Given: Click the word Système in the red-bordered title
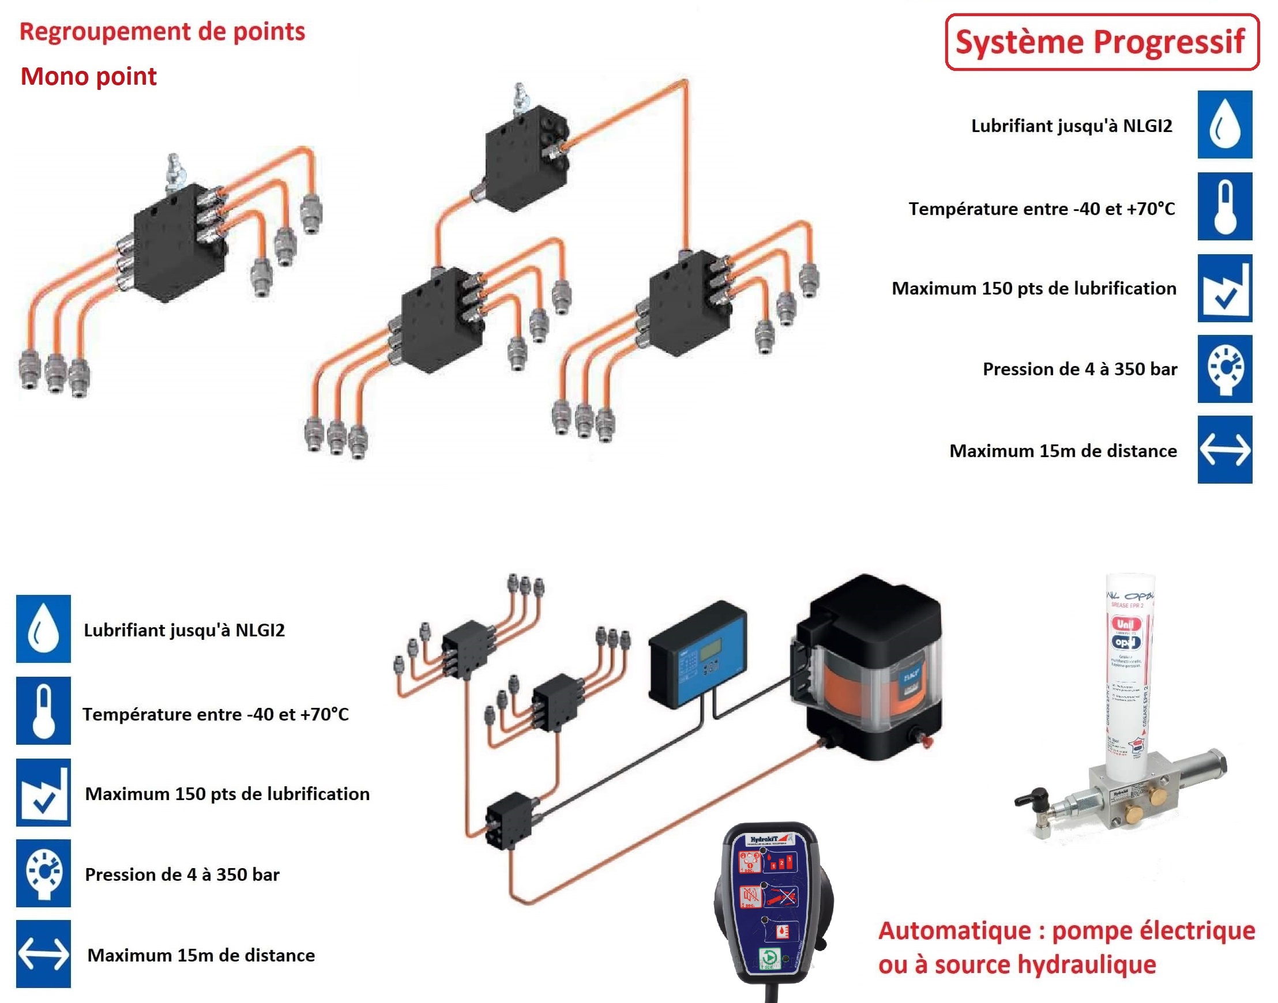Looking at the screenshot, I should (x=1019, y=42).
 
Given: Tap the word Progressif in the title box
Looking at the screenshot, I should (x=1170, y=42).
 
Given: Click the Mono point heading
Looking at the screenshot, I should (x=88, y=76).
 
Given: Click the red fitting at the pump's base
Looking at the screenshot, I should (x=927, y=741).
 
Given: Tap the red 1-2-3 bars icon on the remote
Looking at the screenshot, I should (x=781, y=863).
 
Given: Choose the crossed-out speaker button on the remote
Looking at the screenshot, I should (x=750, y=896).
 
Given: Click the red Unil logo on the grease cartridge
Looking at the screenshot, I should (x=1125, y=624).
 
